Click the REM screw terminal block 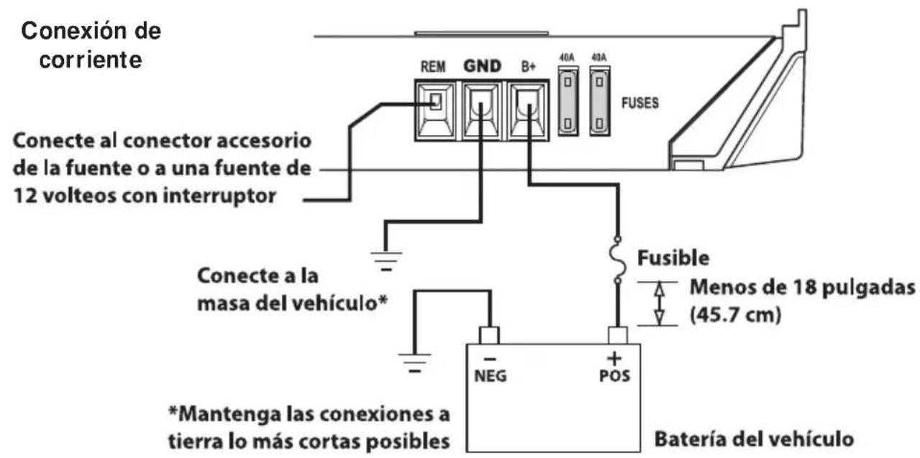(435, 111)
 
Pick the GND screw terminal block (481, 111)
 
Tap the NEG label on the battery (489, 376)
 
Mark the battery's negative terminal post (489, 334)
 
